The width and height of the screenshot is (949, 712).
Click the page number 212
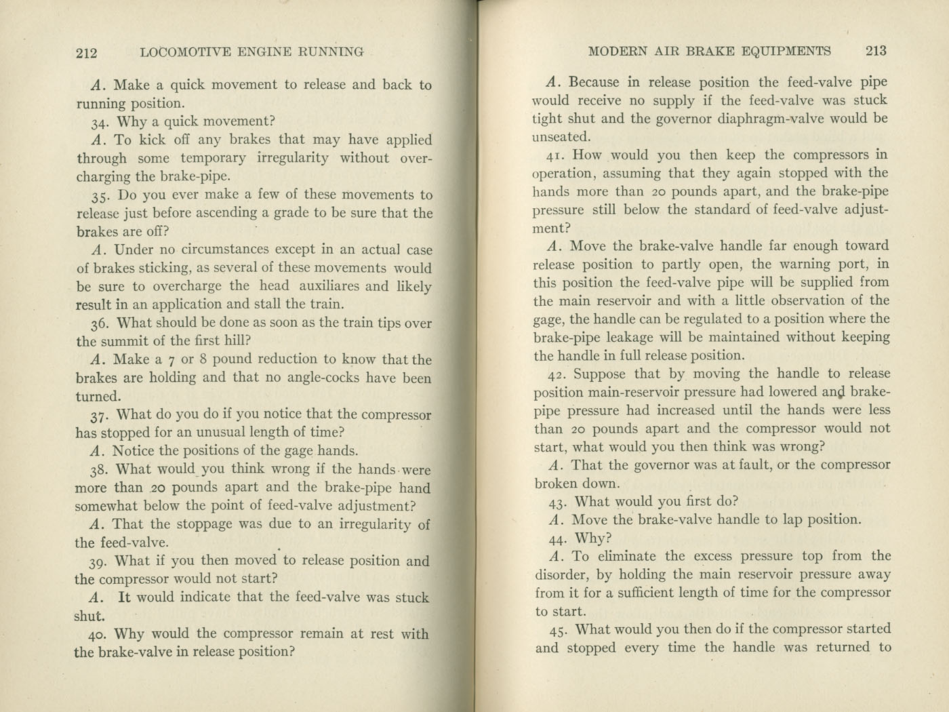tap(87, 53)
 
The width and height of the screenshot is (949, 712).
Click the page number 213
tap(876, 51)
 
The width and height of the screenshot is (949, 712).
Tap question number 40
tap(98, 635)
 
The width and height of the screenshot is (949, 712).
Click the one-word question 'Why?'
tap(593, 538)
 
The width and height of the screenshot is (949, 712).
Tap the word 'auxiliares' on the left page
tap(331, 286)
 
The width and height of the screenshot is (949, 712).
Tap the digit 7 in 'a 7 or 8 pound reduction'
tap(171, 360)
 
